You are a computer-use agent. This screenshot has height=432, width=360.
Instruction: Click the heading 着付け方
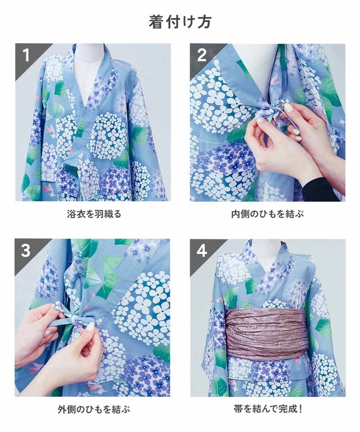(x=180, y=22)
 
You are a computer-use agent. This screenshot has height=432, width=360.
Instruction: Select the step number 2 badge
(x=202, y=55)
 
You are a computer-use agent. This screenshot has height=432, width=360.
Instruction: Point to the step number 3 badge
(x=26, y=251)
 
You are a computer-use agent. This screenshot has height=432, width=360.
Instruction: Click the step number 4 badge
(x=202, y=251)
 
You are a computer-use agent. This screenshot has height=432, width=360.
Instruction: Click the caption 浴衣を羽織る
(x=94, y=214)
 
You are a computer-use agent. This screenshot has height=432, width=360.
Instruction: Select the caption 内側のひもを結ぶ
(x=268, y=214)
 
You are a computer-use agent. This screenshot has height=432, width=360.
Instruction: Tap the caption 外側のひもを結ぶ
(x=94, y=409)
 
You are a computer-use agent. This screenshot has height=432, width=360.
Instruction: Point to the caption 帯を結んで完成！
(x=268, y=409)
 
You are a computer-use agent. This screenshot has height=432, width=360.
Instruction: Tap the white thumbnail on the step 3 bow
(x=90, y=327)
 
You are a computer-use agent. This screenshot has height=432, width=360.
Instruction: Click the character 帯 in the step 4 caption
(x=238, y=409)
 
